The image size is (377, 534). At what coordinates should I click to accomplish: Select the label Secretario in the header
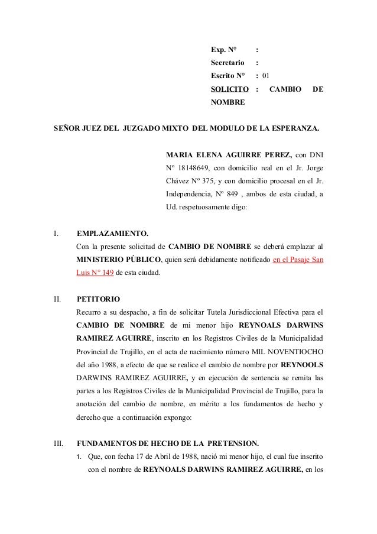(227, 63)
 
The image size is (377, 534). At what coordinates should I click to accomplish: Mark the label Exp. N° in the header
(223, 50)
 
